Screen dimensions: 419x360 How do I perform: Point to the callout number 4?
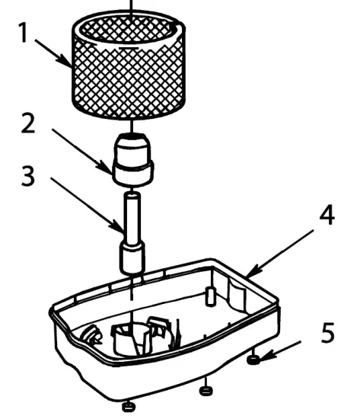[326, 216]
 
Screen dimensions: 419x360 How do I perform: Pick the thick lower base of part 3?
[132, 257]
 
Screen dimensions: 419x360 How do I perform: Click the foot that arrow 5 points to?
[253, 360]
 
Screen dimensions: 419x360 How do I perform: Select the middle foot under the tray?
[204, 391]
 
